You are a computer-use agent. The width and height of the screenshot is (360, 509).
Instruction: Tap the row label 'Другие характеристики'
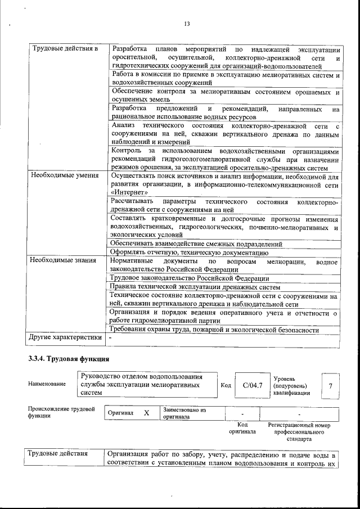tap(65, 337)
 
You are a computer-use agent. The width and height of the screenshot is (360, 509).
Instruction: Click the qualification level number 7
tap(330, 385)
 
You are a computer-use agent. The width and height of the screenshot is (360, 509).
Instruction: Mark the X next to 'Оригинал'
tap(146, 413)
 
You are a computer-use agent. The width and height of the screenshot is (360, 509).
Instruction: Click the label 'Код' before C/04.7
tap(226, 385)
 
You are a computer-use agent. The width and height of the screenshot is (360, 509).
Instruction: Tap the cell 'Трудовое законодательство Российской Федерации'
tap(189, 278)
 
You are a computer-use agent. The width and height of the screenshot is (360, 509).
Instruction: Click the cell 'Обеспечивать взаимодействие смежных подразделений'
tap(196, 244)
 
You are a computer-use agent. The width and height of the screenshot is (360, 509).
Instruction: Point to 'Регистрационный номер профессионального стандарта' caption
tap(299, 433)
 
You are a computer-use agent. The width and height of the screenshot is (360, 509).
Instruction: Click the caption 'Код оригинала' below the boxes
tap(242, 429)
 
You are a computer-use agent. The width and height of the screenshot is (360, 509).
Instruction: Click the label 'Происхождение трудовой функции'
tap(61, 413)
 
